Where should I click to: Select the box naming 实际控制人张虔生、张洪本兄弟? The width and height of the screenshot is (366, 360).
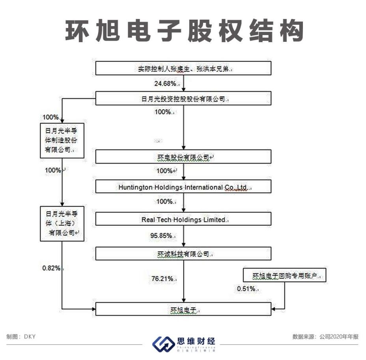coord(183,69)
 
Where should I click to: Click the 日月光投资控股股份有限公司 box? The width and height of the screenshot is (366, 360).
coord(183,99)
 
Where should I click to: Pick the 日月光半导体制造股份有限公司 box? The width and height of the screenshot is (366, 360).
coord(63,140)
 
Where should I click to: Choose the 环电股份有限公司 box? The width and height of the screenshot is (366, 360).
coord(183,157)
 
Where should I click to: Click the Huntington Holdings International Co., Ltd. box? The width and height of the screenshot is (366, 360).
coord(183,187)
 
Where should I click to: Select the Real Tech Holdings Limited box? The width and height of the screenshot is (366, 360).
coord(183,219)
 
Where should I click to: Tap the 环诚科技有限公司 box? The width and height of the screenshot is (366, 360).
coord(183,254)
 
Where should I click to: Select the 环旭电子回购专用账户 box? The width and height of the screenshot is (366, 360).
coord(285,276)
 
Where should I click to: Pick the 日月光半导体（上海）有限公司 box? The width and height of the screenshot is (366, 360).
coord(63,223)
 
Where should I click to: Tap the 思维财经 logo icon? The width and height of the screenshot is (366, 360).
coord(163,343)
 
